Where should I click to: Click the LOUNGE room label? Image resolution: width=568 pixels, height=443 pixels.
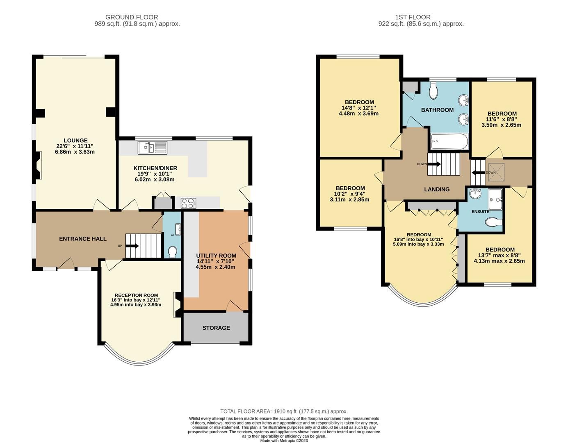click(x=75, y=140)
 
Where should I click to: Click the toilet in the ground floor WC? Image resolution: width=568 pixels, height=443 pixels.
click(x=173, y=251)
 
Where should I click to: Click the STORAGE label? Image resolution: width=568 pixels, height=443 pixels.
click(x=216, y=328)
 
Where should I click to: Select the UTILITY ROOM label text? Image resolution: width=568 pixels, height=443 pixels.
click(x=216, y=255)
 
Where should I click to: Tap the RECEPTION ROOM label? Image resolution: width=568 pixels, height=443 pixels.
click(x=136, y=295)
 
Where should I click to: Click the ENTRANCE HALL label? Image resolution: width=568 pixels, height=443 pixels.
click(x=83, y=239)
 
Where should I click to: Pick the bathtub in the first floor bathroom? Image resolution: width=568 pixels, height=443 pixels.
click(x=449, y=142)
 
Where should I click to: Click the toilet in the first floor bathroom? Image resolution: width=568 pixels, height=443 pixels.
click(x=433, y=91)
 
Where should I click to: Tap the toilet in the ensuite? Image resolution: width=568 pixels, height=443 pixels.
click(x=493, y=222)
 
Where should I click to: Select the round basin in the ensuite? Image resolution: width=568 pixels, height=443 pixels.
click(x=475, y=194)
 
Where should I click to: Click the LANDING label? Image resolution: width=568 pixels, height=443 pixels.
click(x=436, y=189)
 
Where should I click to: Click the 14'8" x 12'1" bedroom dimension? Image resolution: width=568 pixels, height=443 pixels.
click(x=359, y=108)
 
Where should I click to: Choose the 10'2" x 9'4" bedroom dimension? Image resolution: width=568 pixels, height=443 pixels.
click(x=350, y=194)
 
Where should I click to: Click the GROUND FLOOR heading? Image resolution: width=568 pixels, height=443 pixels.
click(x=132, y=17)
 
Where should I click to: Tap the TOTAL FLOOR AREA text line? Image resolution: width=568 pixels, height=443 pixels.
click(x=284, y=411)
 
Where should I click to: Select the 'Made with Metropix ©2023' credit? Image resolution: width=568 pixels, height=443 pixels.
click(x=284, y=441)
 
